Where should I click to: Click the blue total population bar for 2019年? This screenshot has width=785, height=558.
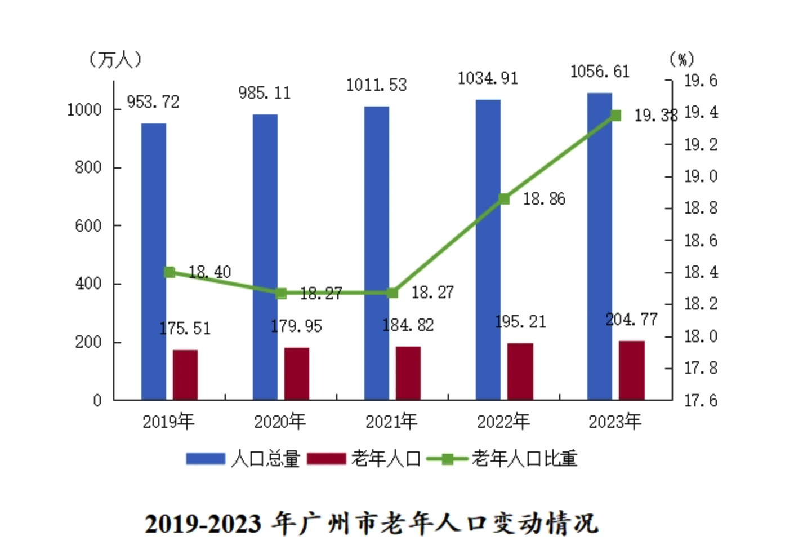(x=153, y=262)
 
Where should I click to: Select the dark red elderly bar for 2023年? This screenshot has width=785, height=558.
(x=631, y=370)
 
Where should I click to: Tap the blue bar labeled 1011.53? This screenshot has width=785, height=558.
(x=376, y=253)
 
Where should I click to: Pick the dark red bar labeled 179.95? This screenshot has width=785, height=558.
(x=297, y=374)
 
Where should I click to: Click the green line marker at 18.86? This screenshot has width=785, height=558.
(x=504, y=199)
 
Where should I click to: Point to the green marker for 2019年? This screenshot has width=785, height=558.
(x=169, y=272)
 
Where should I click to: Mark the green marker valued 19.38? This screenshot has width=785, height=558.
(x=615, y=116)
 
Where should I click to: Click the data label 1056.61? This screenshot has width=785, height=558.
(x=600, y=72)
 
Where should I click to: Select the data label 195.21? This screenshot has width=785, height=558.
(x=520, y=322)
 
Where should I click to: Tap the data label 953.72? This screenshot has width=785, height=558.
(x=153, y=102)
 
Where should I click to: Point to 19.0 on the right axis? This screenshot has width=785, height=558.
(x=701, y=176)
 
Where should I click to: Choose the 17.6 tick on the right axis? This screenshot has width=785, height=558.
(x=701, y=400)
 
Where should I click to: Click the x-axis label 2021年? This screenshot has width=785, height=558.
(x=391, y=421)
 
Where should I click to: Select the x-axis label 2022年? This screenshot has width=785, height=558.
(x=503, y=421)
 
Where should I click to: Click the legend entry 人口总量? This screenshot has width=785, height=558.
(x=265, y=459)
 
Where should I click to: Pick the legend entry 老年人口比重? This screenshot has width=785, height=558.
(x=524, y=459)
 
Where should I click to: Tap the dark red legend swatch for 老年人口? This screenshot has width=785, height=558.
(x=327, y=459)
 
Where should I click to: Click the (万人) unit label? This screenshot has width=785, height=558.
(x=115, y=59)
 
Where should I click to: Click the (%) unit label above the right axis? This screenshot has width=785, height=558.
(x=682, y=59)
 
